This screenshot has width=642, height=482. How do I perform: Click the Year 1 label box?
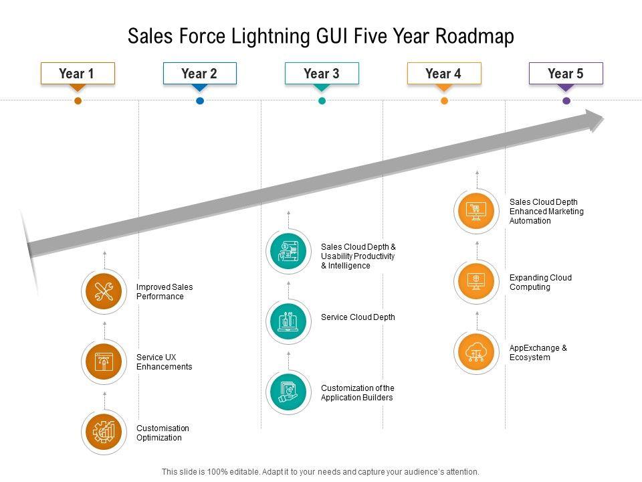point(78,74)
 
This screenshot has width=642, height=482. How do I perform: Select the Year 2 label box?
point(199,74)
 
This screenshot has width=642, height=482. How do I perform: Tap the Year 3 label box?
point(322,74)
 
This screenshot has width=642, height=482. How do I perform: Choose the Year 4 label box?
point(443,74)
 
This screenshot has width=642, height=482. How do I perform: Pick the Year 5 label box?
point(566,74)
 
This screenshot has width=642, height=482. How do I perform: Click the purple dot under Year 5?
point(566,101)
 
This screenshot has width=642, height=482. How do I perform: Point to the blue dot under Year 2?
point(200,101)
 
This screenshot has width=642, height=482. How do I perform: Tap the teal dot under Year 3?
point(322,101)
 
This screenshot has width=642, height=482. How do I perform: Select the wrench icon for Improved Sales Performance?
point(104,292)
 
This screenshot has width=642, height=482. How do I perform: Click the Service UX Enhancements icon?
point(104,362)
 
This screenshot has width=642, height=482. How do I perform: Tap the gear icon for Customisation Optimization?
point(104,432)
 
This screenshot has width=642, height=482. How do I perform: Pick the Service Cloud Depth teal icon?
point(289,322)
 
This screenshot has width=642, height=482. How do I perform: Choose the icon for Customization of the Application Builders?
point(289,392)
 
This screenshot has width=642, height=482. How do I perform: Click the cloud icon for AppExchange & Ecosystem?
point(477,352)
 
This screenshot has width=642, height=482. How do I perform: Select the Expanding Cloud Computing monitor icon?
point(477,282)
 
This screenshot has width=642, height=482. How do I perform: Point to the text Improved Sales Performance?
point(165,292)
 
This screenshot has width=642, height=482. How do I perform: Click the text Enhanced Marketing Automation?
point(546,216)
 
